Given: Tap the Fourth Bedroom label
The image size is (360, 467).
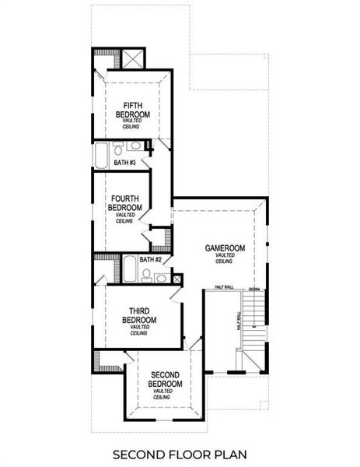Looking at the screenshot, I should coord(125,203).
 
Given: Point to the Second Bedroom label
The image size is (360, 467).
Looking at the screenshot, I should coord(165,379).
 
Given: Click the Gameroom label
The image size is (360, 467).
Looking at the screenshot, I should coord(225,248).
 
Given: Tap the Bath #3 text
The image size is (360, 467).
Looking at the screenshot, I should coord(125,163).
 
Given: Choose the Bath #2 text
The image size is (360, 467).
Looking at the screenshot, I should coord(151,259).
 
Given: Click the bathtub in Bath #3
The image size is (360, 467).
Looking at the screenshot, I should coord(102,154).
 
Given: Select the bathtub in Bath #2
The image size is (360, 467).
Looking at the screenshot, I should coord(129,272).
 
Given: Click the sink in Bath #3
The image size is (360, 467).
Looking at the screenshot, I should coord(134,146).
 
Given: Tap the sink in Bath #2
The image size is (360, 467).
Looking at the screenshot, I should coord(162,278).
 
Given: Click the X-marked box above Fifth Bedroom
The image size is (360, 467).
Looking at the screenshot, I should coord(131,59).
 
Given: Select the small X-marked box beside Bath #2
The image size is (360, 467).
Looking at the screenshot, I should coord(177,277).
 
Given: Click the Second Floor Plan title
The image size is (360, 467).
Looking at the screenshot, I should coord(180,453).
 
